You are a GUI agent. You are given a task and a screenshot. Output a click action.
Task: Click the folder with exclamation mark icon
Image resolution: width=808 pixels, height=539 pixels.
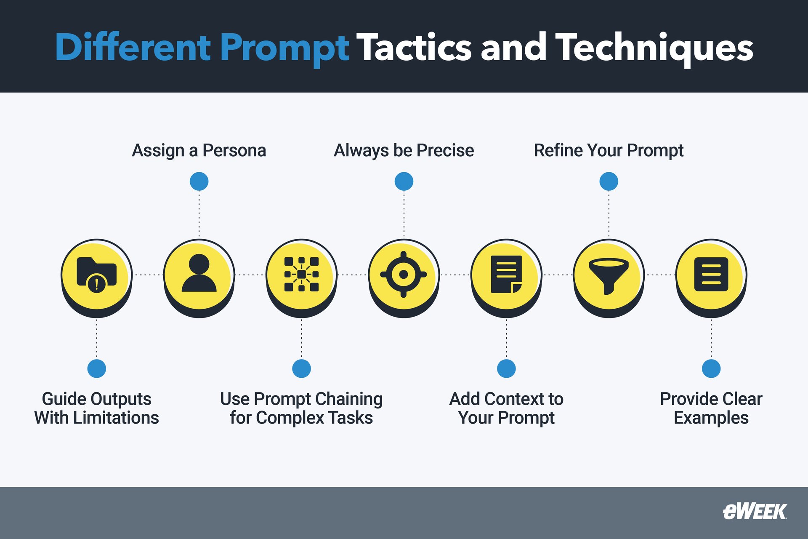coord(96,274)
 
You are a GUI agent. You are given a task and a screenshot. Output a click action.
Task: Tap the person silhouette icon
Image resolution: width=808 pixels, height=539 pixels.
coord(199,274)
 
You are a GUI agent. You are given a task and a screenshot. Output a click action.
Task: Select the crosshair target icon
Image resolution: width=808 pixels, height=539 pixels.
coord(404,275)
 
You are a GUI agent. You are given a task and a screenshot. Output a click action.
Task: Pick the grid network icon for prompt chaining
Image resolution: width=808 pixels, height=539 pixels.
coord(301,274)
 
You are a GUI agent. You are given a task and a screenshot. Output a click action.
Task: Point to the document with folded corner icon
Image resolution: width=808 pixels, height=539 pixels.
coord(506,274)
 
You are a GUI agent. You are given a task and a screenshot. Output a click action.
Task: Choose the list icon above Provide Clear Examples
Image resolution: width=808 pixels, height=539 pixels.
coord(711,274)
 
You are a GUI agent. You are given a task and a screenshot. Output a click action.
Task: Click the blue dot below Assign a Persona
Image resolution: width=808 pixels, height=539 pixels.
coord(199,181)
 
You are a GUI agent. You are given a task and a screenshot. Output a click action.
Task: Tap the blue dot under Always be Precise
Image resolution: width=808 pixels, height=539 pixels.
coord(404,181)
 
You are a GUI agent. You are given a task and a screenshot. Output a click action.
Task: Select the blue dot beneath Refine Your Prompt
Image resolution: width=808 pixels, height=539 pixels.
coord(609,181)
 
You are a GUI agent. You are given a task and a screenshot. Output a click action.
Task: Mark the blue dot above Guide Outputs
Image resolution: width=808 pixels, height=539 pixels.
coord(97,368)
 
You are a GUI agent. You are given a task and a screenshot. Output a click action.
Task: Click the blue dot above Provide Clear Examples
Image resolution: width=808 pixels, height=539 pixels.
coord(711,368)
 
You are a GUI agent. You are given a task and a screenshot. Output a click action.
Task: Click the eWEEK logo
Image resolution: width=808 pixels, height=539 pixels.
coord(755,512)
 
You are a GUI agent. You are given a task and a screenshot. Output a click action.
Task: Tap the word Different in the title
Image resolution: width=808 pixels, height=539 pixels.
coord(133,47)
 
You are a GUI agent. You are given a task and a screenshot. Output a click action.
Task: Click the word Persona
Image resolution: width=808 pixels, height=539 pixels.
coord(234,150)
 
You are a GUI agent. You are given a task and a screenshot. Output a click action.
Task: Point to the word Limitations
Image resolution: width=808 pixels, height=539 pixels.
coord(116,418)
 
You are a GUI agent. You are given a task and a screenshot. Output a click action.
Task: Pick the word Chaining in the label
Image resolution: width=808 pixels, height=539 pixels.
coord(349,399)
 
